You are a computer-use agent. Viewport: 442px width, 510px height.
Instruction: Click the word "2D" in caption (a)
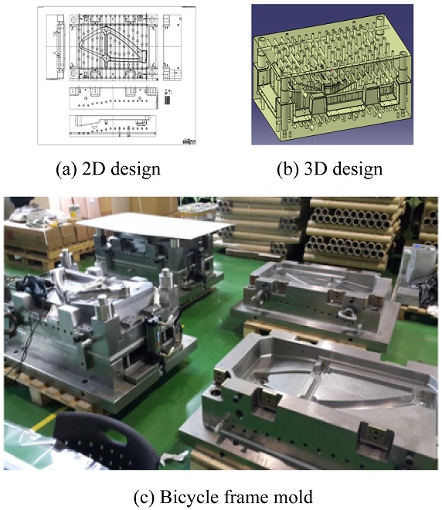pyautogui.click(x=92, y=169)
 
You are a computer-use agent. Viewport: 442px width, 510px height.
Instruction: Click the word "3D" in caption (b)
pyautogui.click(x=315, y=169)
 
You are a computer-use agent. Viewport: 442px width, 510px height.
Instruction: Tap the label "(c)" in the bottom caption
pyautogui.click(x=144, y=497)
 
